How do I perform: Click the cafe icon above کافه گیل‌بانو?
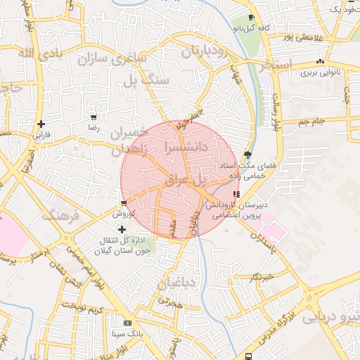coord(252,18)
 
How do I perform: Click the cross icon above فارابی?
coord(42,124)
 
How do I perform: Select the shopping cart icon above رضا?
coord(94,118)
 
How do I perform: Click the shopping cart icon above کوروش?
coord(123,203)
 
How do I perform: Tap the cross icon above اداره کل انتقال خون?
coord(122,229)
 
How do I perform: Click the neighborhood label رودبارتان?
coord(205,51)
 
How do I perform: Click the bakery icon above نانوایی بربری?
coord(321,62)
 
